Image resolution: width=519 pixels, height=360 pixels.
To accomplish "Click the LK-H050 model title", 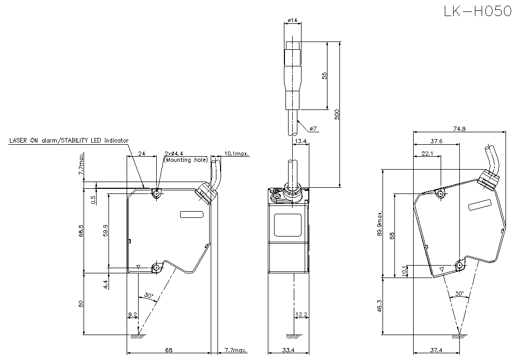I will click(477, 11).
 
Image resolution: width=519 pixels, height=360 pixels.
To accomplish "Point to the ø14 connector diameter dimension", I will click(292, 20).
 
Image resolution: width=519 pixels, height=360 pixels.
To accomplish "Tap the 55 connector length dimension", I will click(324, 75).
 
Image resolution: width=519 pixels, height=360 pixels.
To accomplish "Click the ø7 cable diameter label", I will click(313, 128).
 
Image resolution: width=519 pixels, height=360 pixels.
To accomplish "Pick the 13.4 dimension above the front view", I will click(300, 141).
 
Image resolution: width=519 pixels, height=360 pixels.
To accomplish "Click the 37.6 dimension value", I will click(436, 141).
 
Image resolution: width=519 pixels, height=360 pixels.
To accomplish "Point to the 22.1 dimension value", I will click(428, 154).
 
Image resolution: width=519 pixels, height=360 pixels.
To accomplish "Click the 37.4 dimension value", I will click(436, 350).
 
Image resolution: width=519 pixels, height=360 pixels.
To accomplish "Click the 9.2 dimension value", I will click(132, 315).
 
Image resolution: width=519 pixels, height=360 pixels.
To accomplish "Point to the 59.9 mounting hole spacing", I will click(105, 229).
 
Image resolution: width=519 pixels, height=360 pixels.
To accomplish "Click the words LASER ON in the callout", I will click(24, 141).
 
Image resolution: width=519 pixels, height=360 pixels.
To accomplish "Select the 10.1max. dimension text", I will click(237, 154).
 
